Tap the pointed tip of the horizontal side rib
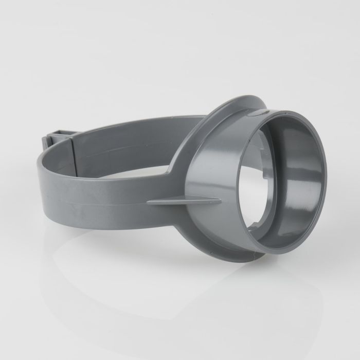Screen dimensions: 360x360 click(x=149, y=202)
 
